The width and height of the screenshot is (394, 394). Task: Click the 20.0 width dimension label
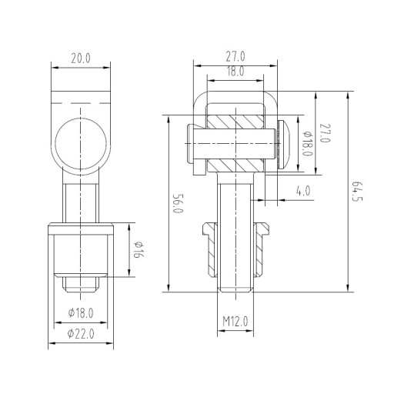81,58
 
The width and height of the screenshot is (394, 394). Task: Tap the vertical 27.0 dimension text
325,133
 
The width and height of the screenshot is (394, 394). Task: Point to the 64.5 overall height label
357,192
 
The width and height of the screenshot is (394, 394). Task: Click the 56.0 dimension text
178,203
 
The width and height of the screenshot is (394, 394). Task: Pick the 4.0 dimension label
303,191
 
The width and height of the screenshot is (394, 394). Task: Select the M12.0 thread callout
235,321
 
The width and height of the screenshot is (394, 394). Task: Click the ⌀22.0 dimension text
81,334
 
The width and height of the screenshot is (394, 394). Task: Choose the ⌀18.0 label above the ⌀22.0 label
81,313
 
